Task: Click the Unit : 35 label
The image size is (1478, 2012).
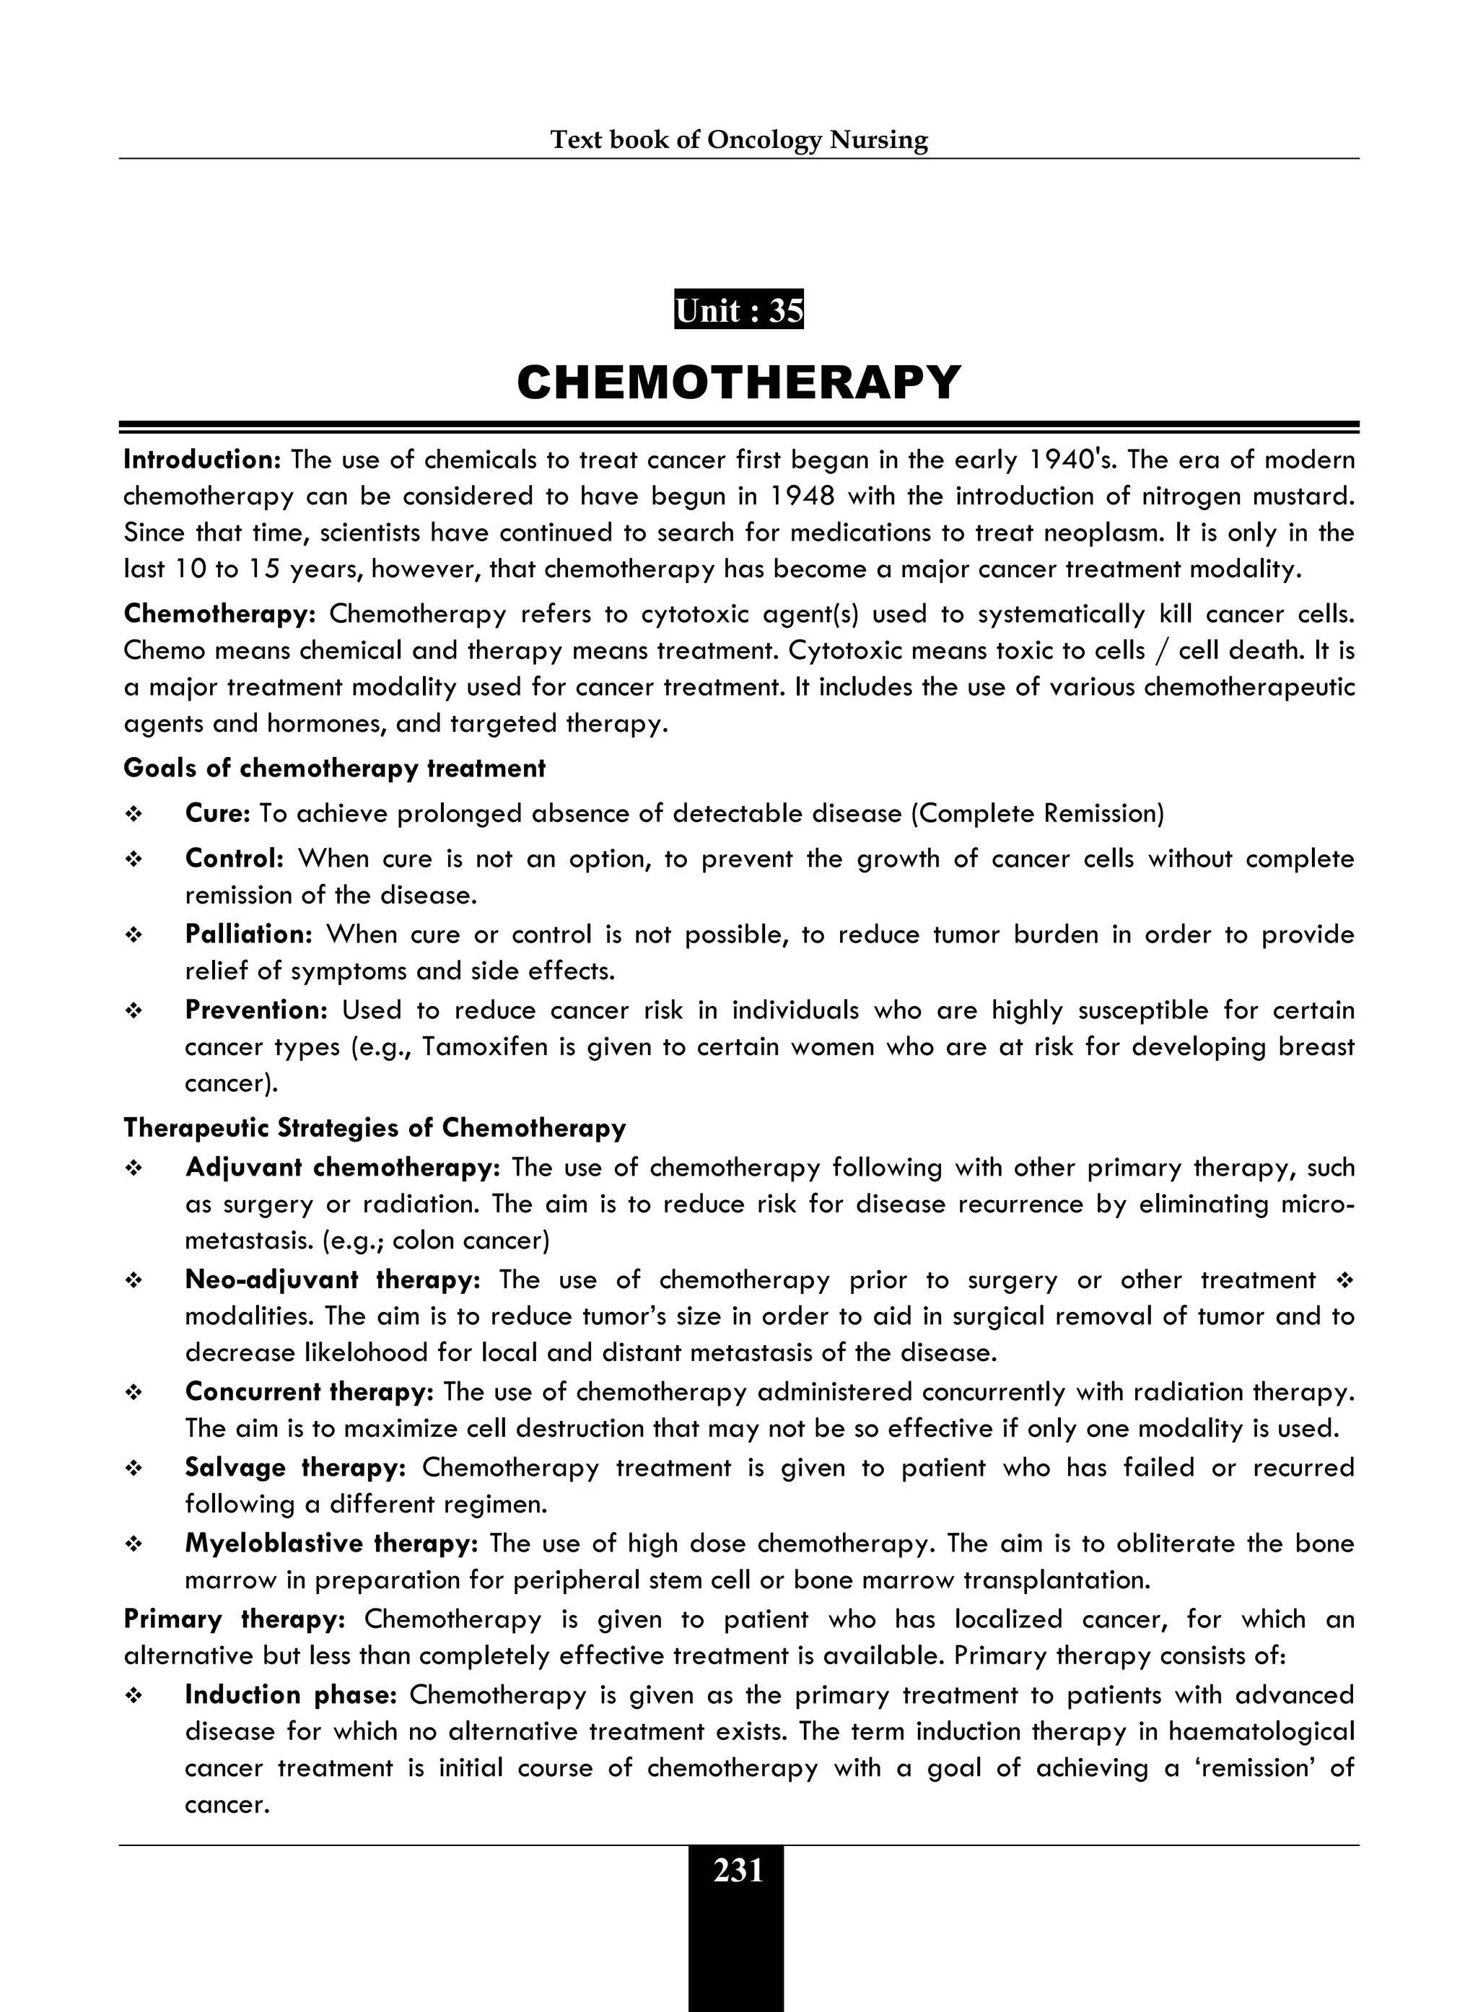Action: (x=738, y=310)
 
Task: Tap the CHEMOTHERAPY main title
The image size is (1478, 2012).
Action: (x=738, y=383)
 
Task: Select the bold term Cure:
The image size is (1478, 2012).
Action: (x=217, y=813)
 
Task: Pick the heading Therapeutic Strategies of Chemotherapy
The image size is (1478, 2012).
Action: (x=375, y=1127)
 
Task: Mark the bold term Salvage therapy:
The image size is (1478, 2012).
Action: (x=296, y=1467)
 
